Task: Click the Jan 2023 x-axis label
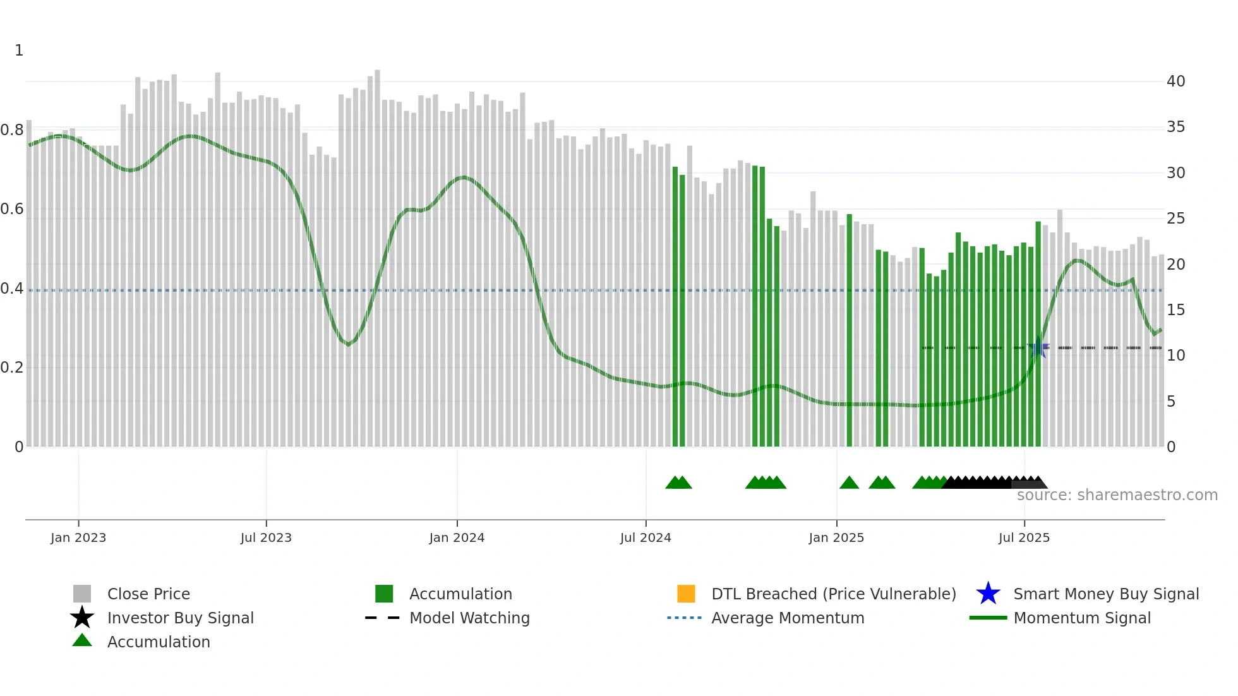pos(78,538)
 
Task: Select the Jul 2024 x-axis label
pos(646,538)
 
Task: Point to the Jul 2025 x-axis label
pos(1024,538)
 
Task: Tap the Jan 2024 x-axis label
pos(457,538)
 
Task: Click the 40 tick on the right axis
pos(1175,81)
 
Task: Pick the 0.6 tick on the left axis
pos(12,209)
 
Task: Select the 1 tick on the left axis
pos(19,51)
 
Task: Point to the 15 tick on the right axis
pos(1175,310)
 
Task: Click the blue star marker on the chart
pos(1038,347)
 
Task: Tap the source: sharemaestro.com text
pos(1117,495)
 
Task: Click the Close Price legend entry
pos(148,594)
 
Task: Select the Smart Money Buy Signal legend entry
pos(1105,594)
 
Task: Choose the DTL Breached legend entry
pos(833,594)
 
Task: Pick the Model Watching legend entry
pos(469,618)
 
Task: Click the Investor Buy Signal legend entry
pos(180,618)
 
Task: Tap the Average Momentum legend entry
pos(787,618)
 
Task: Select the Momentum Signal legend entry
pos(1081,618)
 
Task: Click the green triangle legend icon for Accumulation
pos(82,641)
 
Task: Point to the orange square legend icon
pos(686,594)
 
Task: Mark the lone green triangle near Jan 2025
pos(849,483)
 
